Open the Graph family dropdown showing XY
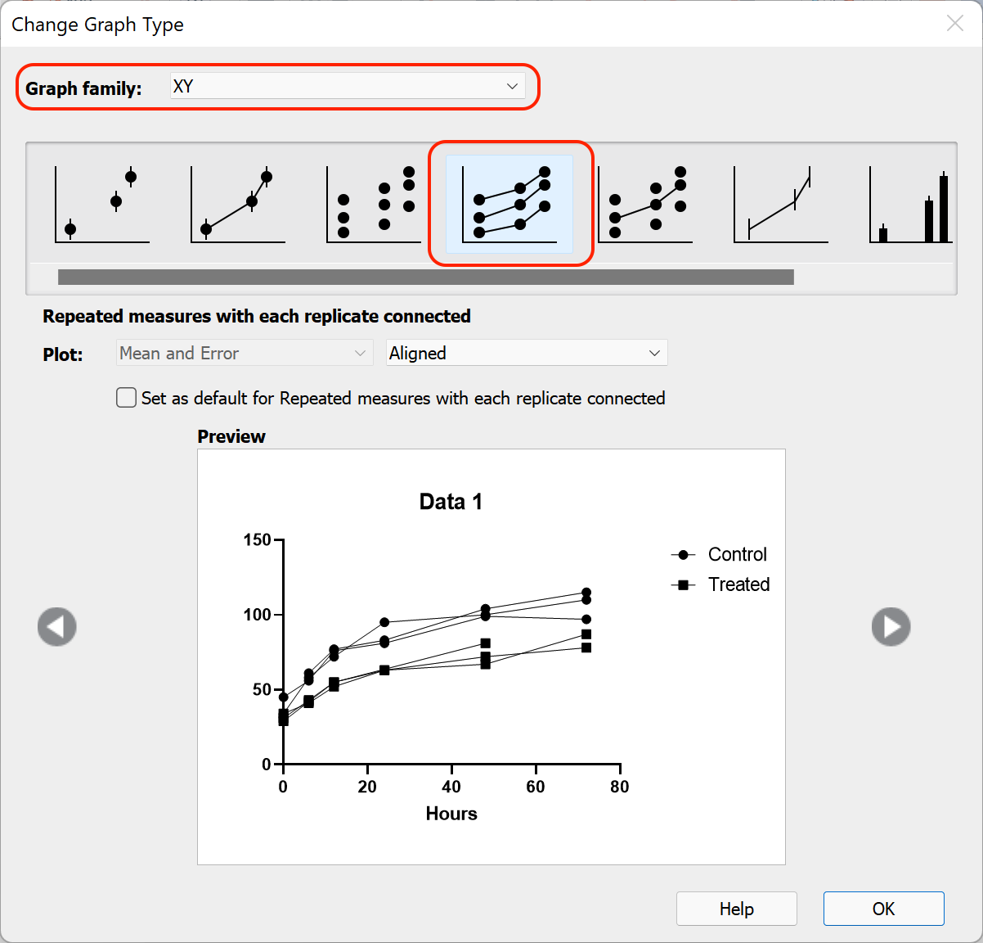[x=348, y=86]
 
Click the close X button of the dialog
[x=954, y=24]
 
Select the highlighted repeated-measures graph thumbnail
[x=510, y=204]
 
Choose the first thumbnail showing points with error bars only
[x=102, y=205]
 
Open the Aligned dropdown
[x=526, y=354]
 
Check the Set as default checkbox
[x=127, y=398]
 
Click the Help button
[x=736, y=909]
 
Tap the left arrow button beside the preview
[x=57, y=627]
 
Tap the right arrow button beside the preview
[x=891, y=627]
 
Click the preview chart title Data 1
[x=451, y=502]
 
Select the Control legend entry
[x=736, y=554]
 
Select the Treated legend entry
[x=738, y=584]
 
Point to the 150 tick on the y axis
[x=258, y=539]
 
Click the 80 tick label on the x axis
[x=620, y=787]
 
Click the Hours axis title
[x=451, y=814]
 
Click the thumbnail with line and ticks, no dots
[x=780, y=205]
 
